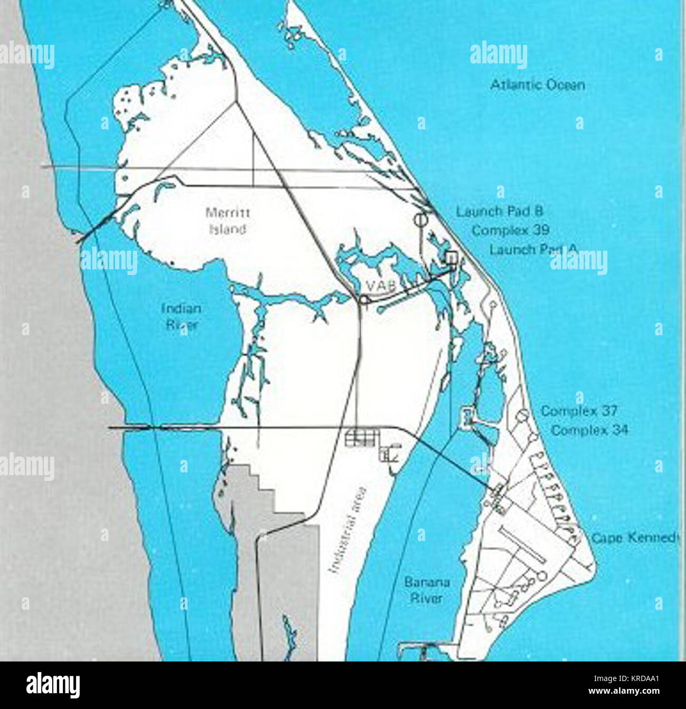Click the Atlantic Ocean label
[x=537, y=85]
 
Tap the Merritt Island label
[x=227, y=221]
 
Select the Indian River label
[x=181, y=316]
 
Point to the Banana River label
[x=426, y=590]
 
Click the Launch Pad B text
[x=499, y=212]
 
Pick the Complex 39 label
[x=510, y=231]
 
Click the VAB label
[x=381, y=286]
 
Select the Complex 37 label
[x=579, y=411]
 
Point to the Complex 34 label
[x=589, y=430]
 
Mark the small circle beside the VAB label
[x=364, y=300]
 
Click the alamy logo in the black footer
[x=53, y=685]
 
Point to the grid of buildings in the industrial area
[x=361, y=437]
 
